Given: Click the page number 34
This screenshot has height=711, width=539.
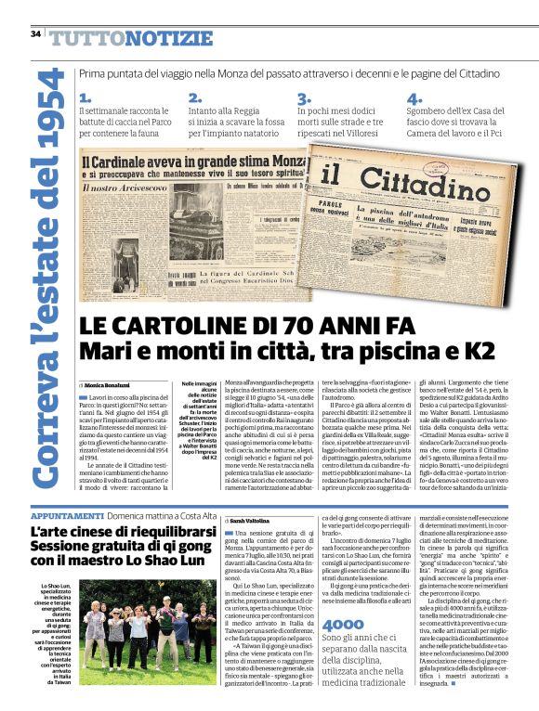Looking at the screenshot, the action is pyautogui.click(x=35, y=34).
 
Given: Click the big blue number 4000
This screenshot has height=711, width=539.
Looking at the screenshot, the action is pyautogui.click(x=343, y=626).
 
